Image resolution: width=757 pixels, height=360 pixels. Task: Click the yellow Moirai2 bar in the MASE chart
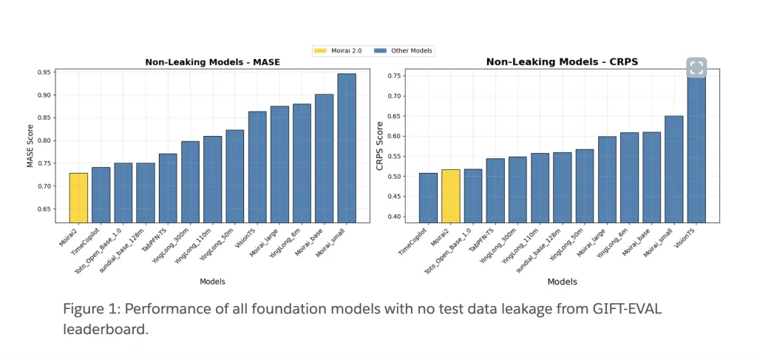78,197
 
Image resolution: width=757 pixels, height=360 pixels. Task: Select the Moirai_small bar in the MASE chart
346,148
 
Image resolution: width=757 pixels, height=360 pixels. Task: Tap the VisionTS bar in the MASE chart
257,167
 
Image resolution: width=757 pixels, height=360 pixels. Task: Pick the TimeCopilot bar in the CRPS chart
427,197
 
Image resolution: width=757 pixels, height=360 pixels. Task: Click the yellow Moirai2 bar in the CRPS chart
450,196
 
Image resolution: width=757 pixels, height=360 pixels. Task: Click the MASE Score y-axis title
30,146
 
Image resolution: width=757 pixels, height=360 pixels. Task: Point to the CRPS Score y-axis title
379,146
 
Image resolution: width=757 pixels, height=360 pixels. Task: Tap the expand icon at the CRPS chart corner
696,67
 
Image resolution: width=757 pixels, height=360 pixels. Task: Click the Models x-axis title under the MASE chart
212,281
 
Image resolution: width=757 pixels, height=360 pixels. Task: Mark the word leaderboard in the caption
106,329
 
